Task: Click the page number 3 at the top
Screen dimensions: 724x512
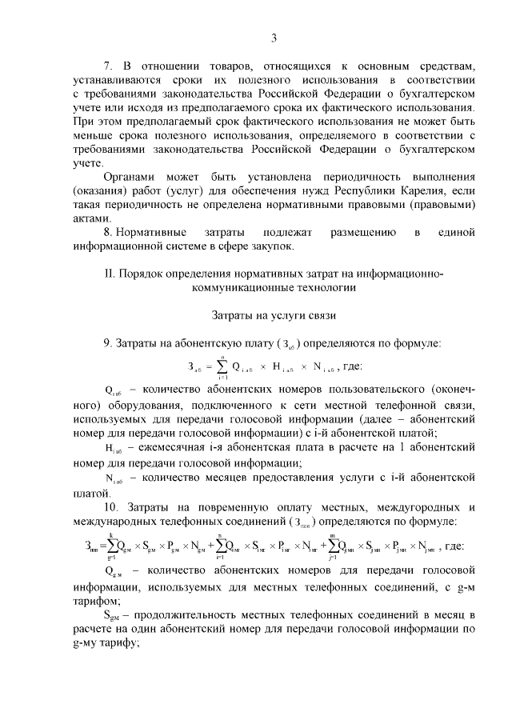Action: (274, 38)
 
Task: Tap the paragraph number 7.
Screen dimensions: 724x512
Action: (107, 64)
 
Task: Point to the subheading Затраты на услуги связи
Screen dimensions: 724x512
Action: (274, 315)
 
